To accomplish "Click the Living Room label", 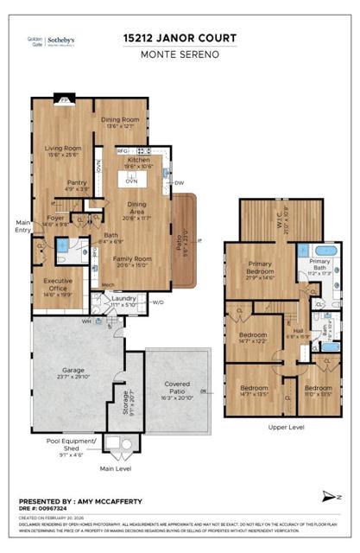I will coord(63,149).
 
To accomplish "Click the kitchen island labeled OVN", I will coord(132,181).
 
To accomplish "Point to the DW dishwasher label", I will coord(178,183).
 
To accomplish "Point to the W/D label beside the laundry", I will coord(158,302).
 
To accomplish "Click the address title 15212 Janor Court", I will coord(180,39).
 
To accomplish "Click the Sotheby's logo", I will coord(61,41).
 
